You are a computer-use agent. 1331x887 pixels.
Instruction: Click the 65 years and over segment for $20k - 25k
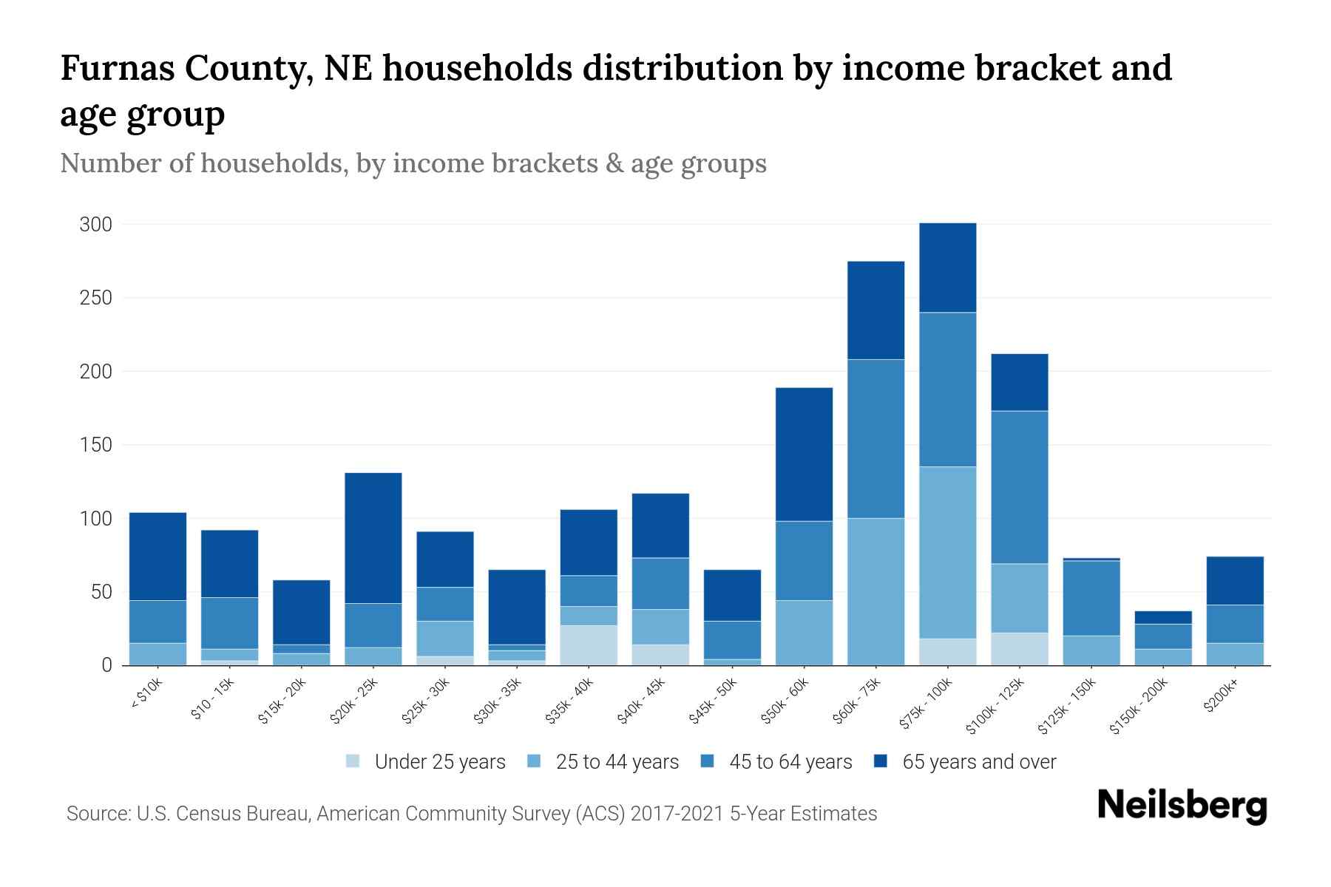click(373, 537)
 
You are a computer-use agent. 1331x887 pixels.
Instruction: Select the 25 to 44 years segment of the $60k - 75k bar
click(876, 591)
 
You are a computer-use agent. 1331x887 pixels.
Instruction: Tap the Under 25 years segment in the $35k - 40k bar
click(589, 645)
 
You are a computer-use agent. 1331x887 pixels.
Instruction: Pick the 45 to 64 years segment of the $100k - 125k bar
click(1020, 487)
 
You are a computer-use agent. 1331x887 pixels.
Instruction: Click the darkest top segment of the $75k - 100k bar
click(947, 268)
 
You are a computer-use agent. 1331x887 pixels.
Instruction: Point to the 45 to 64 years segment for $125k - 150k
click(1091, 598)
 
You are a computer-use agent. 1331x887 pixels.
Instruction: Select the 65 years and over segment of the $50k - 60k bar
click(804, 454)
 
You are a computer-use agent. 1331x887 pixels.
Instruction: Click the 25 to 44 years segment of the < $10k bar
click(158, 654)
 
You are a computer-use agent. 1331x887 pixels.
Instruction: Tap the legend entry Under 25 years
click(426, 762)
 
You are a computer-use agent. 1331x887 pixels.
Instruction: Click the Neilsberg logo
click(1182, 806)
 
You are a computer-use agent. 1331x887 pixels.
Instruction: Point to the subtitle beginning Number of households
click(413, 163)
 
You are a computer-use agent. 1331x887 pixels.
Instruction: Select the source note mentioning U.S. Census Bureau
click(472, 814)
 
